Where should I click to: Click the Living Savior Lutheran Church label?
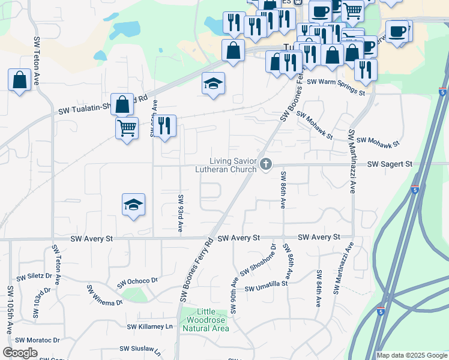tap(233, 165)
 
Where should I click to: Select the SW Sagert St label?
tap(390, 164)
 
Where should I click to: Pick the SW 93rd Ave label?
tap(179, 213)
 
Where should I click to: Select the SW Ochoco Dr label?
tap(137, 281)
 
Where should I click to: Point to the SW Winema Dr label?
tap(105, 295)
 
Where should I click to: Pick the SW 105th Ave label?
tap(10, 309)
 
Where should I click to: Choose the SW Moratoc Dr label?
tap(38, 340)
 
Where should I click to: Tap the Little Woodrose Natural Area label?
tap(205, 320)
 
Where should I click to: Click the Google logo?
tap(20, 353)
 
